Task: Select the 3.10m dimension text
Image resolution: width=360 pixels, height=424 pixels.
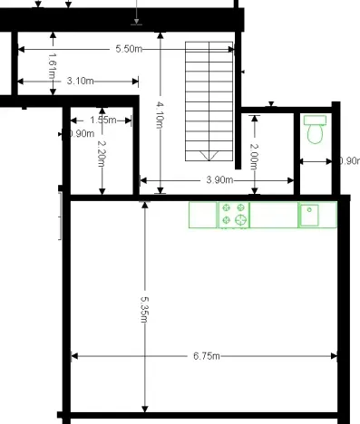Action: (x=81, y=81)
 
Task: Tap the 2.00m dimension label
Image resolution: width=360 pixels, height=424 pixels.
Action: (x=255, y=159)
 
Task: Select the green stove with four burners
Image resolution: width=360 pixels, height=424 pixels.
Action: (x=233, y=215)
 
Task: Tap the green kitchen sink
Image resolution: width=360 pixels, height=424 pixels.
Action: (x=309, y=215)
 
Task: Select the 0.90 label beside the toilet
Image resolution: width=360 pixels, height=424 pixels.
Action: (x=348, y=161)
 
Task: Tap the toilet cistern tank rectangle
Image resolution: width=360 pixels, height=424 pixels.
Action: (x=316, y=120)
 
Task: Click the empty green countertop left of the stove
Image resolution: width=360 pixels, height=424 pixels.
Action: (x=202, y=215)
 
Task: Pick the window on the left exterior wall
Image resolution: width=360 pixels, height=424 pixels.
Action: (x=60, y=215)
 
